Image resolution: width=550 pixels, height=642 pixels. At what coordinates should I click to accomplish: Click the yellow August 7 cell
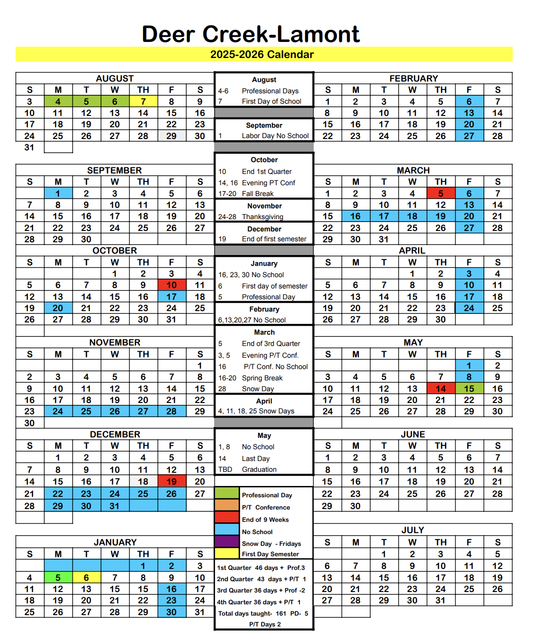(x=143, y=101)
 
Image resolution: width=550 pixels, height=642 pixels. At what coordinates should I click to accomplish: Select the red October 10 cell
(x=171, y=285)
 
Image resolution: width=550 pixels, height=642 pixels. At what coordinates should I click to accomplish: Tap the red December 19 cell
(x=171, y=481)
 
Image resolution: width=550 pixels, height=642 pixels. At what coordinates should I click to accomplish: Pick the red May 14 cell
(x=441, y=388)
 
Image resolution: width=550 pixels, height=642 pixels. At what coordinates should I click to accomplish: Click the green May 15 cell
(x=469, y=388)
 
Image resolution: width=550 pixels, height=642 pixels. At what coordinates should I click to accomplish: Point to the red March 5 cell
(x=441, y=193)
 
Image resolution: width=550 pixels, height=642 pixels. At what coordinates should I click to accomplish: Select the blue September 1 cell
(x=58, y=193)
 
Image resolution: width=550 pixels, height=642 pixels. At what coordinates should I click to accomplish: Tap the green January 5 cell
(x=58, y=577)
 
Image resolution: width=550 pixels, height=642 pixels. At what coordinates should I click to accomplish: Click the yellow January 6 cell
(x=86, y=577)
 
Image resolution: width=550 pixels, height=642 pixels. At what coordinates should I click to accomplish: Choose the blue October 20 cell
(x=58, y=308)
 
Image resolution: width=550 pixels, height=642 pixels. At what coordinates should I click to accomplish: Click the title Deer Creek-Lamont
(x=250, y=34)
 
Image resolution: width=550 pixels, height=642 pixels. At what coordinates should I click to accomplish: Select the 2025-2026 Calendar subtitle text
(x=262, y=55)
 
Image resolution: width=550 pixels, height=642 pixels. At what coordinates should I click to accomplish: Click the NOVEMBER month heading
(x=115, y=343)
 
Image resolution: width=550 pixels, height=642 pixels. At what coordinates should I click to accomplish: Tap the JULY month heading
(x=413, y=530)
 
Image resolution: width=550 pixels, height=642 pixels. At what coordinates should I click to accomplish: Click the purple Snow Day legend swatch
(x=227, y=542)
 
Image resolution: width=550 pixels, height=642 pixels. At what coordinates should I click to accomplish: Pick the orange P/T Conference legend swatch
(x=227, y=505)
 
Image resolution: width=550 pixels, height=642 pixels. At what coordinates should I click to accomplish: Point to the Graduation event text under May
(x=259, y=469)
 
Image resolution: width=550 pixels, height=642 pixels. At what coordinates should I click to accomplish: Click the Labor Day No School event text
(x=275, y=136)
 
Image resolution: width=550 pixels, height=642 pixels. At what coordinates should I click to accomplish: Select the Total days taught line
(x=263, y=613)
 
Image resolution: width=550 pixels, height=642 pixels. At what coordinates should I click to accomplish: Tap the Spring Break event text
(x=262, y=378)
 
